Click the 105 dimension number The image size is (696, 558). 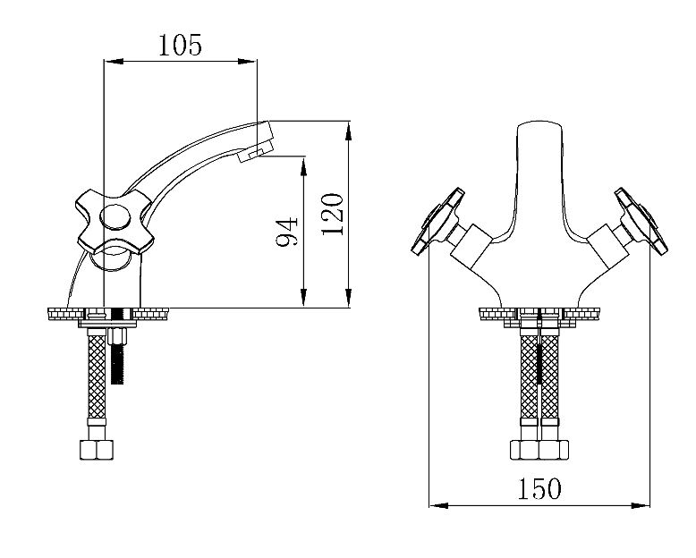181,45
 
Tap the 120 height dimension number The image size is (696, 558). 331,216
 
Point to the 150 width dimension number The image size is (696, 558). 539,488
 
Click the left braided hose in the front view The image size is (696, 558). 528,380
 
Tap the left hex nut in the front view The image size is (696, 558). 524,449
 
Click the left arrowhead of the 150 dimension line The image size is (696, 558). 436,507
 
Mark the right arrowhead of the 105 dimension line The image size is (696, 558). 252,62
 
